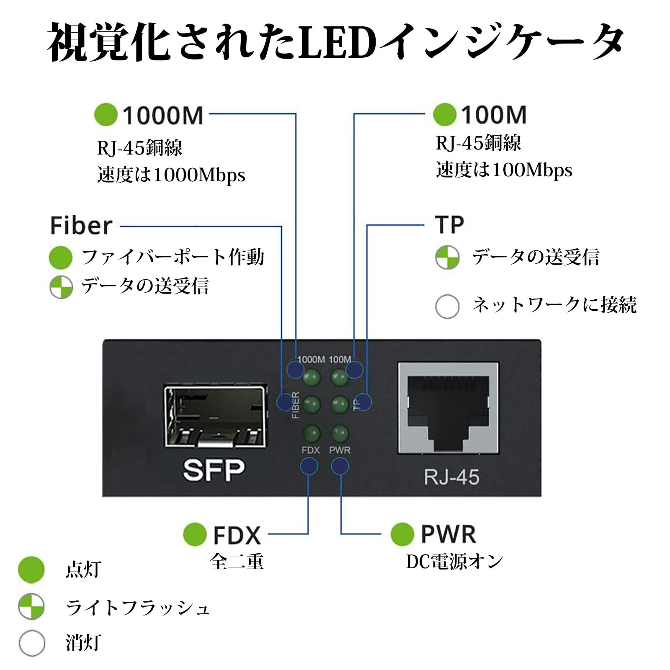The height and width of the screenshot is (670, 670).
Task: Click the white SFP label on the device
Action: coord(214,470)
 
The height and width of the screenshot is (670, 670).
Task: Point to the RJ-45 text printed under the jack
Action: coord(451,477)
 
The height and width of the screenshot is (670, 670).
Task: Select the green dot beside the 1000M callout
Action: coord(106,115)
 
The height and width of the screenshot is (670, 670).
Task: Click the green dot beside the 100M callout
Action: coord(444,114)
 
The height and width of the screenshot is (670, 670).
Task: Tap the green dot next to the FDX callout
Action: coord(195,534)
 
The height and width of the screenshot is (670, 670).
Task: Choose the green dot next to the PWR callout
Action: coord(402,534)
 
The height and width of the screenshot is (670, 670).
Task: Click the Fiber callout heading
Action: coord(81,226)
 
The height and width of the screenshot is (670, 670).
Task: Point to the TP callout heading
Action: coord(449,225)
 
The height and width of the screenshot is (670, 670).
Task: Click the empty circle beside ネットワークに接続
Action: coord(447,307)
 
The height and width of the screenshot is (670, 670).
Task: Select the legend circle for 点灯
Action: coord(31,570)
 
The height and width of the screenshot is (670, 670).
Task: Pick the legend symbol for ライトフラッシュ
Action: coord(31,606)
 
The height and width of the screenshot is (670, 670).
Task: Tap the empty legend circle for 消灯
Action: coord(32,643)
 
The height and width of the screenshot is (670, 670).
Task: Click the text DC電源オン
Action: coord(454,562)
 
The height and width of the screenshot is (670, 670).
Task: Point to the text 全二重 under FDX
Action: coord(237,562)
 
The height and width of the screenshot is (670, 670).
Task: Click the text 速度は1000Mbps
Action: coord(171,175)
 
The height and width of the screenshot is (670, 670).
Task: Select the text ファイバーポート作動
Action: coord(173,257)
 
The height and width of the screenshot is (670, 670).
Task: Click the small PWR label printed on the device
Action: coord(340,450)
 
